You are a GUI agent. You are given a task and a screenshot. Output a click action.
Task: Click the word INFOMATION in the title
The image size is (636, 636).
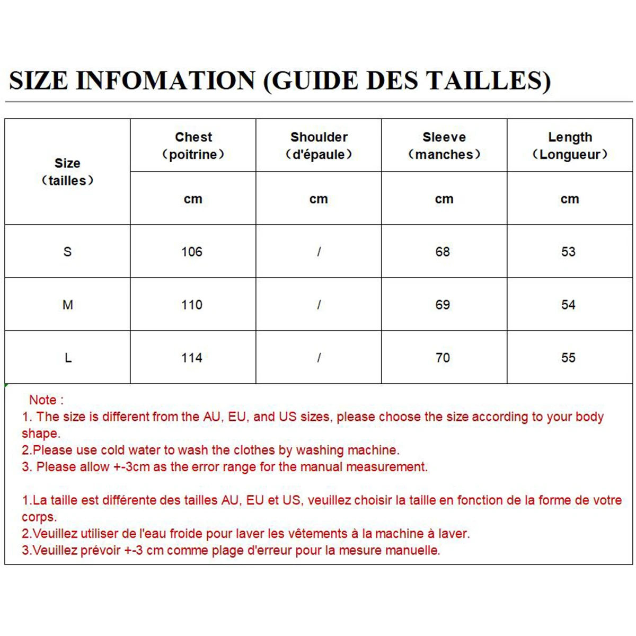click(x=166, y=81)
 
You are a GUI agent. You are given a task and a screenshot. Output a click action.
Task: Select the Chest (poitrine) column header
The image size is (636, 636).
click(x=193, y=146)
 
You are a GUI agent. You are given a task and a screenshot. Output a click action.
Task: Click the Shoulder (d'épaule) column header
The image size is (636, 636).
click(x=319, y=146)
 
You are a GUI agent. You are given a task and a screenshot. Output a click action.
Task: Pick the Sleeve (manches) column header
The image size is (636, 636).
click(x=444, y=146)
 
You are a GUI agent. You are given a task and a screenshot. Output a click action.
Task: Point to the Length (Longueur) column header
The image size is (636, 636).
click(x=570, y=146)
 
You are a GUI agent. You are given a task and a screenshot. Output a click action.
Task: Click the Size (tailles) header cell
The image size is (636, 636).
click(x=67, y=172)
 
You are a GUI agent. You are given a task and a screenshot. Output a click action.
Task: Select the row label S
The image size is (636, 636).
click(x=67, y=252)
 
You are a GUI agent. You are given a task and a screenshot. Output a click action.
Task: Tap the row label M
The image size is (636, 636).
click(x=67, y=305)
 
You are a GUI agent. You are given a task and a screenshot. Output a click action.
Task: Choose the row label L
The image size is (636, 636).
click(x=68, y=358)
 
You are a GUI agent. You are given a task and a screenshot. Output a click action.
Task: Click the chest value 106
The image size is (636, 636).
click(x=192, y=252)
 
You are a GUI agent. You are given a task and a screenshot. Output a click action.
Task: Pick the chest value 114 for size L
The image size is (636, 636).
click(x=192, y=358)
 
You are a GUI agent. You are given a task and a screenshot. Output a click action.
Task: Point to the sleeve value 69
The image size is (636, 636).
click(x=443, y=305)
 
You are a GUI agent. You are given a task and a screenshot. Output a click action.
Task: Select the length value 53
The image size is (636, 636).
click(x=568, y=252)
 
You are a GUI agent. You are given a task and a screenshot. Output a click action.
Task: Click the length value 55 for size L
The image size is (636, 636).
click(x=568, y=358)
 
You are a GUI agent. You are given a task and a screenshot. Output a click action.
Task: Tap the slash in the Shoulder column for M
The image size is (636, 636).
click(x=319, y=305)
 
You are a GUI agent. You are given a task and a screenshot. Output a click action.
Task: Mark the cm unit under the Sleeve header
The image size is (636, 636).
click(x=444, y=199)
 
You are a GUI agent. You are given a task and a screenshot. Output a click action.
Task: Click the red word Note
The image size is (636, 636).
click(x=43, y=400)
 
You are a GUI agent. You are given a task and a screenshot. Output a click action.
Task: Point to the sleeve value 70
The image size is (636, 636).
click(x=443, y=358)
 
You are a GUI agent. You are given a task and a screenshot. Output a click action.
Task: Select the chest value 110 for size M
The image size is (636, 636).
click(x=192, y=305)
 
